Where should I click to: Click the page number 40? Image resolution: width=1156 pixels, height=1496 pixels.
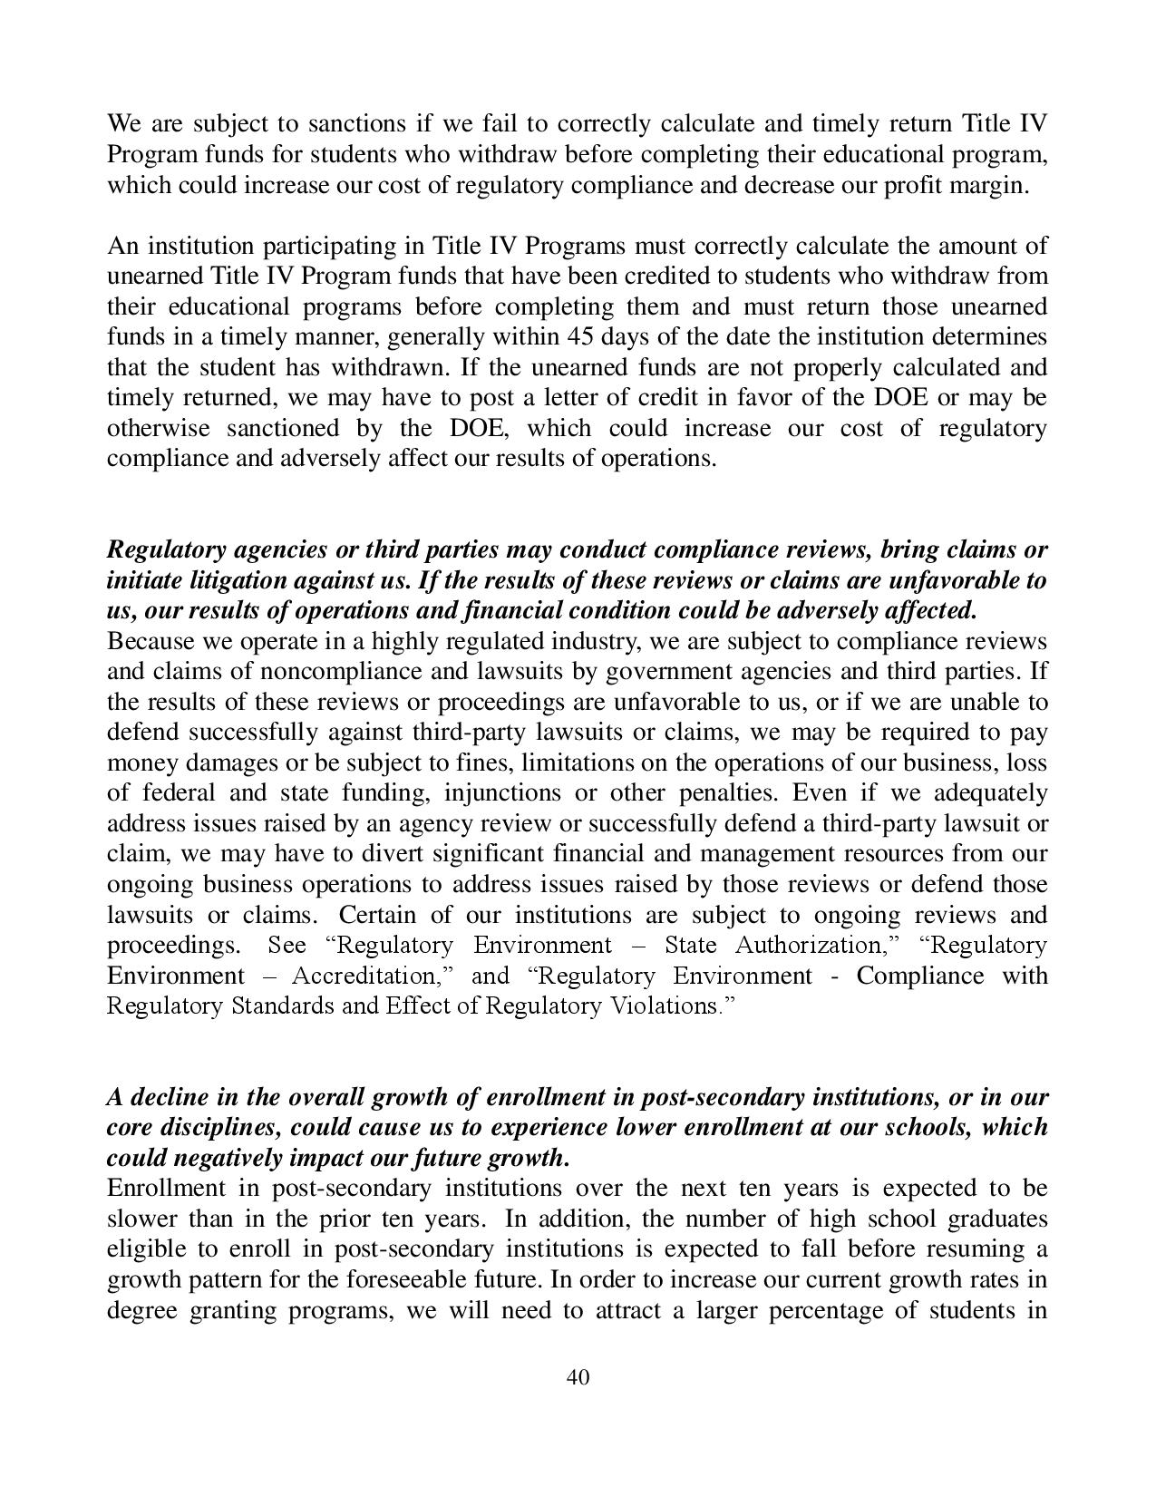click(578, 1378)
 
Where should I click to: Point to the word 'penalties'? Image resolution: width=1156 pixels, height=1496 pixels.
click(727, 793)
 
